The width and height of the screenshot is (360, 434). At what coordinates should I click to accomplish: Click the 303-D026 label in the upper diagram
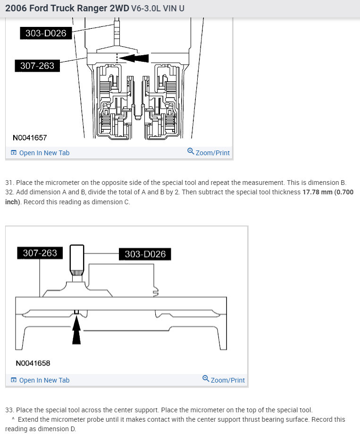(x=46, y=33)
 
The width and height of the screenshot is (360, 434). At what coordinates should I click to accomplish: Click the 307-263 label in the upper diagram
(x=37, y=66)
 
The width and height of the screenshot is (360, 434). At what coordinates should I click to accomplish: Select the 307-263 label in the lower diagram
(x=40, y=253)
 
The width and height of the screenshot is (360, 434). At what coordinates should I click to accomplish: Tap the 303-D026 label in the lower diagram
(x=145, y=254)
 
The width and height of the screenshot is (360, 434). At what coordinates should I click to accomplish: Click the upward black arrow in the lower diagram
(x=76, y=330)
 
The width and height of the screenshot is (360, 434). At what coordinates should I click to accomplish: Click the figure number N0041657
(x=30, y=137)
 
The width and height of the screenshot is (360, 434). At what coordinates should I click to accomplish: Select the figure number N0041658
(x=33, y=363)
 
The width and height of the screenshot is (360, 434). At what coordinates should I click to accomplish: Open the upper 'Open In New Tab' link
(x=44, y=153)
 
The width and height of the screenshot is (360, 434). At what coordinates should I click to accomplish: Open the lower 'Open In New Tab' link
(x=44, y=380)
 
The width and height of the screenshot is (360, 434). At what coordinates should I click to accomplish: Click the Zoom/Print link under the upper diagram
(x=212, y=153)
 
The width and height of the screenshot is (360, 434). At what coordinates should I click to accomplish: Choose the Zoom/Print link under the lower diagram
(x=227, y=380)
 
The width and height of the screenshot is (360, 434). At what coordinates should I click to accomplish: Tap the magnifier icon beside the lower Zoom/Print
(x=206, y=379)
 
